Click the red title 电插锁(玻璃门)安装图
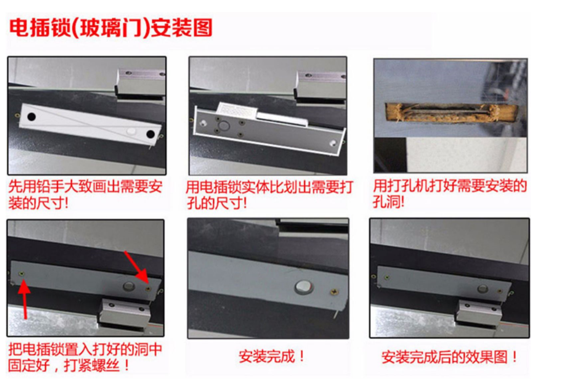111,28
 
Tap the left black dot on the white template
32,117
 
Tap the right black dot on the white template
150,134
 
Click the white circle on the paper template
131,131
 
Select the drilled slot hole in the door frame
452,112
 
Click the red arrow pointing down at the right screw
137,267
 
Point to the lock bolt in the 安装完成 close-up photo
304,287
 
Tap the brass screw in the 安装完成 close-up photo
334,292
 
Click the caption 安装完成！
272,357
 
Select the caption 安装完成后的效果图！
449,357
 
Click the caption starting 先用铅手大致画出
85,195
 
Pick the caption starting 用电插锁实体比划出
269,195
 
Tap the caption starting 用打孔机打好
449,194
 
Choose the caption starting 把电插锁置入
85,357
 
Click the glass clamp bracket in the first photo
141,83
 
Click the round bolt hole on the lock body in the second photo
224,126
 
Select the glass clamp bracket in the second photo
320,86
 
